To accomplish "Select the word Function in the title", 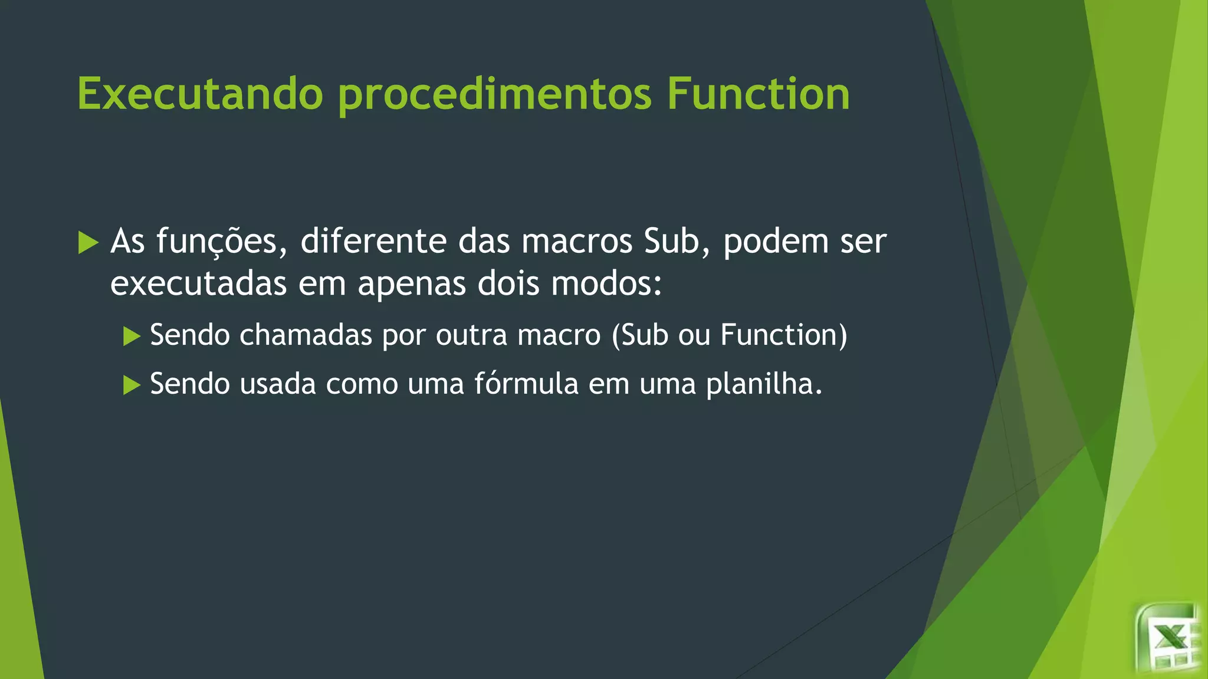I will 758,94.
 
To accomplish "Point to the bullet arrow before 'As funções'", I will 88,242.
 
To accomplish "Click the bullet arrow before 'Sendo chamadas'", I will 132,336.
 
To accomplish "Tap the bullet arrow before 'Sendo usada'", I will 132,385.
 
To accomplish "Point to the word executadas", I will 198,284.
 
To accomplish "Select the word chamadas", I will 306,335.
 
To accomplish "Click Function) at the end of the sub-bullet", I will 783,335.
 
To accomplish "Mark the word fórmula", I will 526,384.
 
